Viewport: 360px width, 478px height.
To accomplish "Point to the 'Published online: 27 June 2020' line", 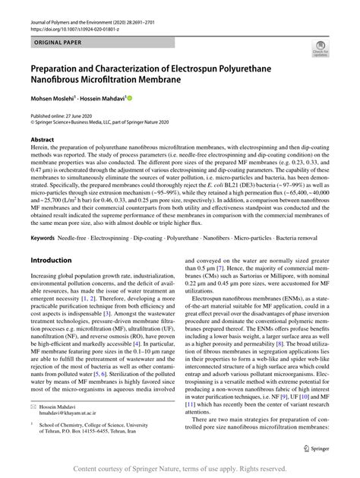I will (67, 114).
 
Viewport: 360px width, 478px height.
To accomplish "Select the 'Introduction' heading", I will (50, 260).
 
